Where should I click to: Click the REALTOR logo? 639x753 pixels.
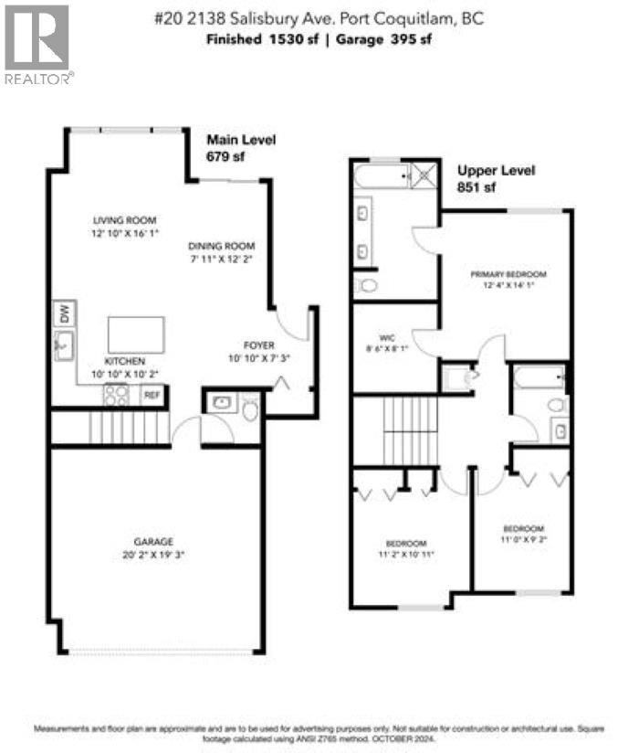tap(37, 44)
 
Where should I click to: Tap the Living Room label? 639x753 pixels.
tap(125, 220)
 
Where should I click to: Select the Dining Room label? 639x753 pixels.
tap(221, 246)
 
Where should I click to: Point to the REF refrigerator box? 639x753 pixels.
tap(152, 396)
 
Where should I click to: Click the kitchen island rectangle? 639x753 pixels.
tap(136, 334)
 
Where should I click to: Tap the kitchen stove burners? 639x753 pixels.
tap(116, 395)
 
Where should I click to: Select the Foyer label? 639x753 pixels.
tap(258, 345)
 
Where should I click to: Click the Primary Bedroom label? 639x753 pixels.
tap(508, 274)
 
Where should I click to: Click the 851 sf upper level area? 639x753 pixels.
tap(477, 187)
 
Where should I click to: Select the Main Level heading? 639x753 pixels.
tap(241, 140)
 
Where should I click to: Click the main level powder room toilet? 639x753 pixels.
tap(249, 407)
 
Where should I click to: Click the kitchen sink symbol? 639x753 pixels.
tap(63, 345)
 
